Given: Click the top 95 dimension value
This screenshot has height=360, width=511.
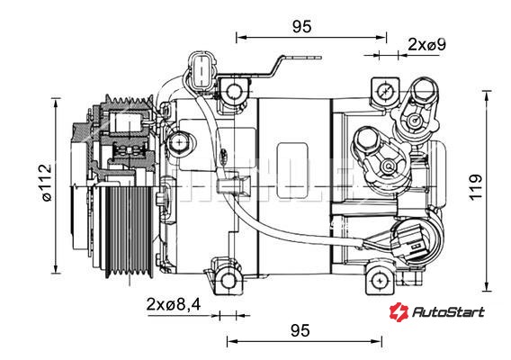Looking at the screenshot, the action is point(301,27).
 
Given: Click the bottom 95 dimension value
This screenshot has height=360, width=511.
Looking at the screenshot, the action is point(300,330).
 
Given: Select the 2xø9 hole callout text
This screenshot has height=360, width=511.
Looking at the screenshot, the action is point(427,44).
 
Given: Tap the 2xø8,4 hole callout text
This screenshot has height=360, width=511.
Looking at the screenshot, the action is point(174,304).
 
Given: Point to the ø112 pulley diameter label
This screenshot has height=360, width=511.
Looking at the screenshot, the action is point(46,183).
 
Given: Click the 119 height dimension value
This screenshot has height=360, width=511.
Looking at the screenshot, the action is point(476,187).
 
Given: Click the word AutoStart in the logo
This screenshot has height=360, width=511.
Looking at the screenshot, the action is point(448,312).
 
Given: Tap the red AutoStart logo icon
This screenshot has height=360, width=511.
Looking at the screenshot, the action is point(399,311).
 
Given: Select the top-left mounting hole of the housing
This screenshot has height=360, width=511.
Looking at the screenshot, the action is point(234,90).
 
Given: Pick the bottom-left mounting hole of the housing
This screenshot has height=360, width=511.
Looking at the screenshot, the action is point(229,281).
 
